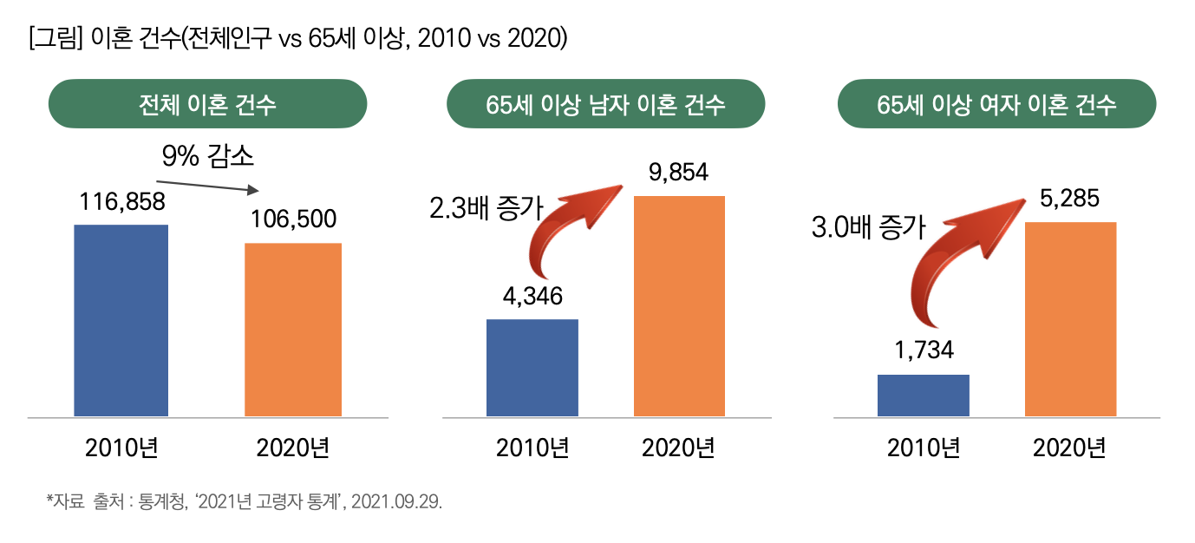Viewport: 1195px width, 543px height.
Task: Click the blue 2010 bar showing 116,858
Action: point(121,320)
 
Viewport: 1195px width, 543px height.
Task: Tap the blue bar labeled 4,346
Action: point(532,368)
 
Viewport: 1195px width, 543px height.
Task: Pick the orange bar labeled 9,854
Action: point(679,305)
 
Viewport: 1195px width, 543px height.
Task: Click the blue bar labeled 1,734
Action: point(923,396)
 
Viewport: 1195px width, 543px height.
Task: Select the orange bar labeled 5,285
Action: point(1070,319)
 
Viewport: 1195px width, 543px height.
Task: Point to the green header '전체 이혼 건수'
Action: point(207,104)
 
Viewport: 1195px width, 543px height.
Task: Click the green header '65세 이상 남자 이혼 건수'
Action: point(605,104)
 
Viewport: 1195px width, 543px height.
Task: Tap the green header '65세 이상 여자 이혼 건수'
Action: point(996,104)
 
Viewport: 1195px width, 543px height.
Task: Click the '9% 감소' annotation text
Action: point(207,156)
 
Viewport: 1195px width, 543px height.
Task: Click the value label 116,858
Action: point(122,202)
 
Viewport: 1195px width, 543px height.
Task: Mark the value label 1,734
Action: point(923,350)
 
